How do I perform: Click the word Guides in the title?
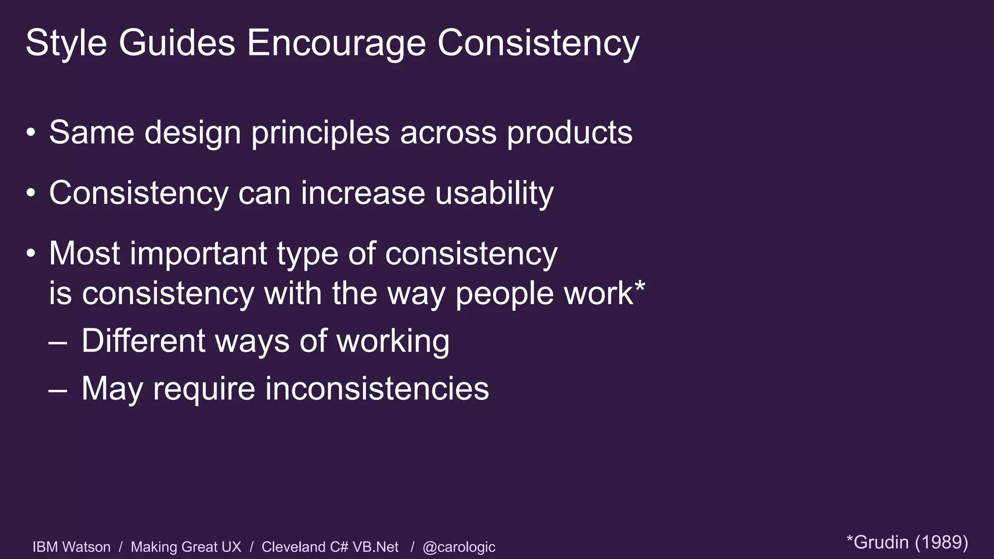click(177, 43)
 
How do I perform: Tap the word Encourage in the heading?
click(336, 43)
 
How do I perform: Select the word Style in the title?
click(66, 43)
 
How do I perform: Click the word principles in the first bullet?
click(320, 133)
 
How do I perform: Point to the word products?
click(569, 133)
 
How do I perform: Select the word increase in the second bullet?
click(363, 193)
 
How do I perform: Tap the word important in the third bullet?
click(198, 254)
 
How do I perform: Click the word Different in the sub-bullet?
click(143, 341)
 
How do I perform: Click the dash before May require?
click(58, 390)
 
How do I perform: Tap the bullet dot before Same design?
click(31, 132)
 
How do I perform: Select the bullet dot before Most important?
click(31, 253)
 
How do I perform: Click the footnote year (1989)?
click(941, 542)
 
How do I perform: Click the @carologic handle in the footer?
click(459, 547)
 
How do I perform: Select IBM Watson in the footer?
click(71, 547)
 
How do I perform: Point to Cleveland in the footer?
click(294, 547)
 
